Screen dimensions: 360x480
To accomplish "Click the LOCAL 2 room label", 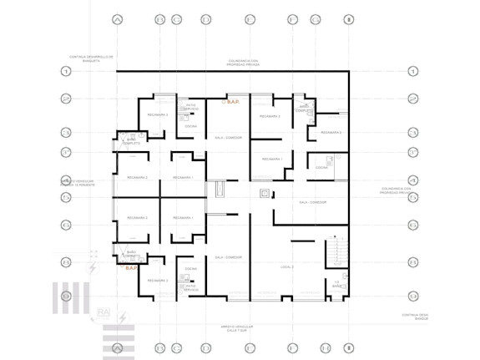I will (x=287, y=265).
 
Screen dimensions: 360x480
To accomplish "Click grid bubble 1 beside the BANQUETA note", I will (x=66, y=72).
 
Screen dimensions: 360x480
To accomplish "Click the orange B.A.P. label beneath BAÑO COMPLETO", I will (x=132, y=268).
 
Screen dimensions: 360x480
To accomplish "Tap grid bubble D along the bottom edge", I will (x=205, y=347).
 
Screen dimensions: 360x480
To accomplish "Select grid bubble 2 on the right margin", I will (x=412, y=99).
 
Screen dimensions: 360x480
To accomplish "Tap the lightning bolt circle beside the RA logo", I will (x=124, y=318).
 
